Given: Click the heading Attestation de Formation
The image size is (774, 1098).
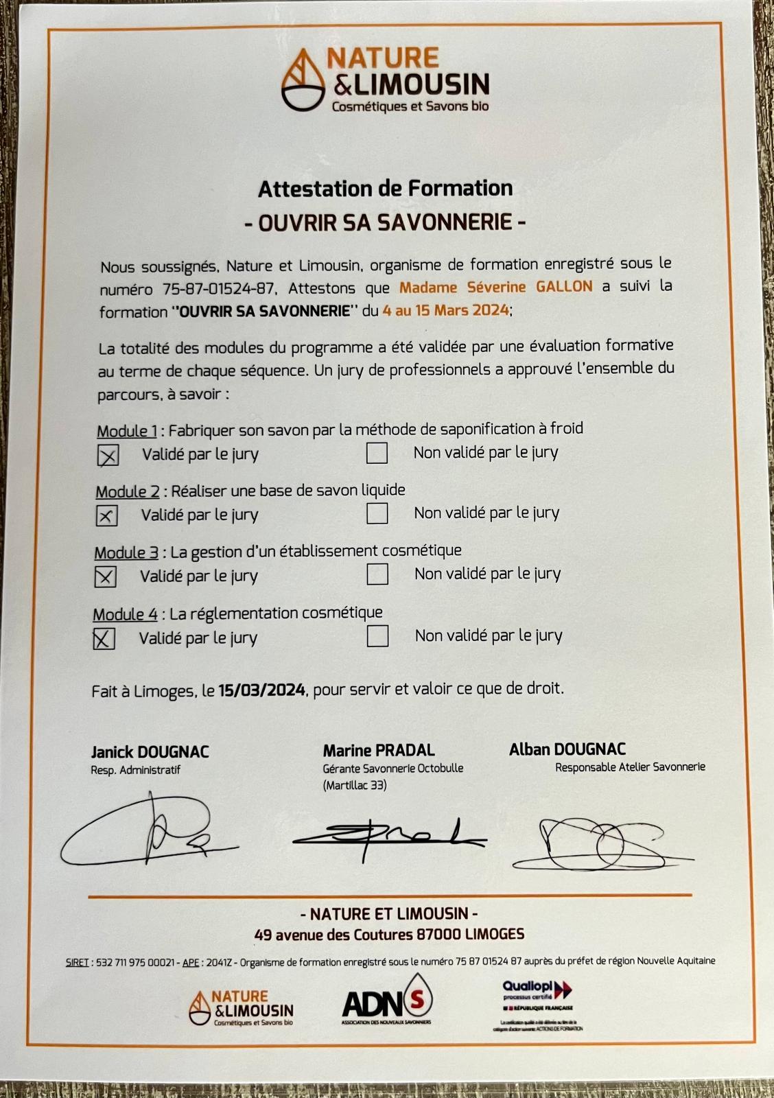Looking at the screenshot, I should tap(385, 188).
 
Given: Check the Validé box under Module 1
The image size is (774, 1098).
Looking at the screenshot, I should tap(108, 455).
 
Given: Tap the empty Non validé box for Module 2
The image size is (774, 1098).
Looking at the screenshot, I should tap(377, 513).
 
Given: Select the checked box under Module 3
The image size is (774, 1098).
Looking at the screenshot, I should tap(105, 577).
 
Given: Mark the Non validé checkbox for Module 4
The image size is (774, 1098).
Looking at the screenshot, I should tap(377, 636).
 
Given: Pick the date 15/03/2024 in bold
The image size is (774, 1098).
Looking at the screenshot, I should tap(262, 690).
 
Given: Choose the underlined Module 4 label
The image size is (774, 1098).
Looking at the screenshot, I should tap(125, 614).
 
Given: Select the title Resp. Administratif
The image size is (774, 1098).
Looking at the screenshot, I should tap(135, 770).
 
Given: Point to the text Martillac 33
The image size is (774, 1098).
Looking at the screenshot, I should tap(354, 785).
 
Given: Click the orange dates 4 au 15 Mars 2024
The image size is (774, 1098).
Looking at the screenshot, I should tap(446, 310).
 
